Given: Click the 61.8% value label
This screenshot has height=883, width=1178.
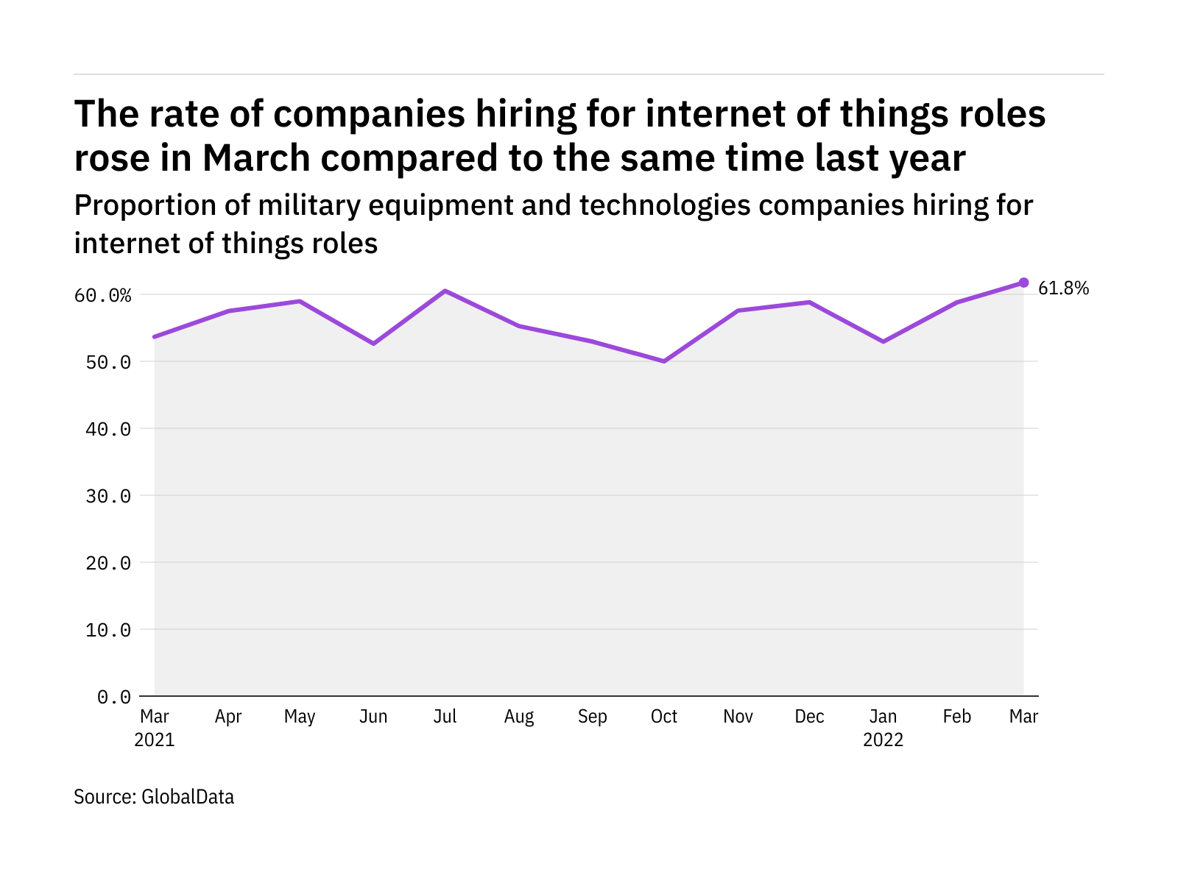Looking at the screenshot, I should (1063, 288).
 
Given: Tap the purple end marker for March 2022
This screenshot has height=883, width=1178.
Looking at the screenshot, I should (1023, 283).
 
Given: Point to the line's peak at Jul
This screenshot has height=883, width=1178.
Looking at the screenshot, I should (445, 291).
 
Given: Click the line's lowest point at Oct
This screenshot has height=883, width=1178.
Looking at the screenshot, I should (664, 361).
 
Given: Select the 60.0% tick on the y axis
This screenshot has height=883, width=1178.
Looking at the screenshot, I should (102, 296).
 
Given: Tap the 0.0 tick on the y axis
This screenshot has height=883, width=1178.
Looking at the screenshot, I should (113, 697).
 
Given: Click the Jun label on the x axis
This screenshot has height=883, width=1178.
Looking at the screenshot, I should (373, 717).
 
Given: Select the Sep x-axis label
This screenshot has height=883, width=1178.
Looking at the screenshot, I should (592, 717).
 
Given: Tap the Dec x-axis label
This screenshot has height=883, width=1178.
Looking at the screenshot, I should (809, 717).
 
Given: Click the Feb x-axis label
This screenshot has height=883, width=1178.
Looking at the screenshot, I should (956, 717).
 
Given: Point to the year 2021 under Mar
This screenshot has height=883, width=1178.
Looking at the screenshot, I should (155, 740).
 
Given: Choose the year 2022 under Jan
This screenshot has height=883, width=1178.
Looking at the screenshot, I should (883, 740).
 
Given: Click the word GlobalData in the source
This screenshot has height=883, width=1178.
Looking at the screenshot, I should (187, 797).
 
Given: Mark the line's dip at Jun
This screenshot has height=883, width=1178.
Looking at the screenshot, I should (373, 344).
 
